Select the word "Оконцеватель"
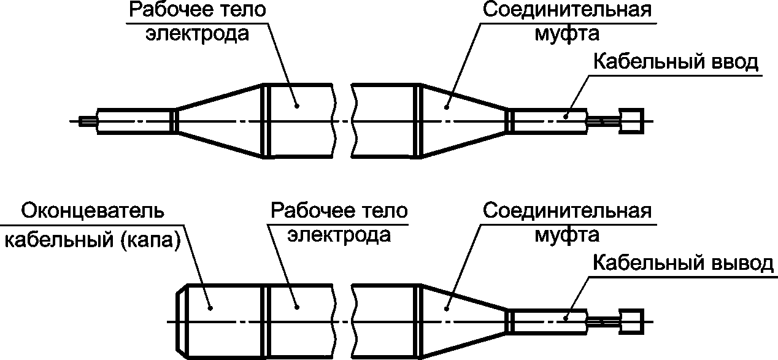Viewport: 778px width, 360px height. pyautogui.click(x=93, y=211)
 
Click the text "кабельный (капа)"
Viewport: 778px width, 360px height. pyautogui.click(x=92, y=241)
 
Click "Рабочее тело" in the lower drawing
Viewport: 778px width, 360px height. pyautogui.click(x=339, y=211)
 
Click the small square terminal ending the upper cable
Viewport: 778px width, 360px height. pyautogui.click(x=631, y=121)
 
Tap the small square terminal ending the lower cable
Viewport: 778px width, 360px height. pyautogui.click(x=631, y=322)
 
